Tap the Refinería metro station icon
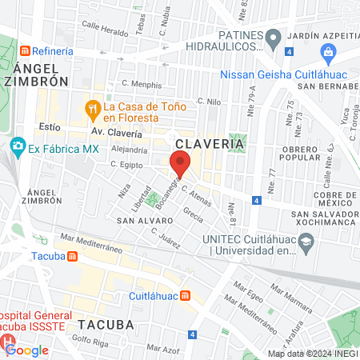[x=26, y=50]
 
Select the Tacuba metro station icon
[x=73, y=257]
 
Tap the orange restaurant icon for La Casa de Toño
[x=93, y=108]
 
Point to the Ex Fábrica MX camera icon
[x=17, y=148]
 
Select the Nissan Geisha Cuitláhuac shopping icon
[x=327, y=53]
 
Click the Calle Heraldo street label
[x=104, y=25]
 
